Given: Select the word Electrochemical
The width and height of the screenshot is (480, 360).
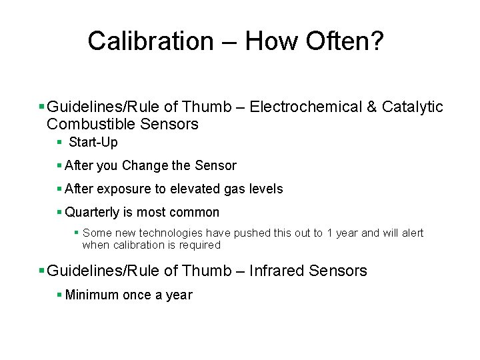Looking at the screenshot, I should pos(305,107).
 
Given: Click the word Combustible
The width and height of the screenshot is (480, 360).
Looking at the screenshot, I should pos(91,125).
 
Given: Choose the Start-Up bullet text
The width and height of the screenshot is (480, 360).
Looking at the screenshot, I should pos(93,142).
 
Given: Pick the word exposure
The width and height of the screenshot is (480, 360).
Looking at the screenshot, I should pos(124,189).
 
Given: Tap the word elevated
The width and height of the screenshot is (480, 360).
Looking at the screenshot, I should pos(196,189).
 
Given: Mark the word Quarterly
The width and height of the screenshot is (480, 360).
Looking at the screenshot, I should pos(92,213).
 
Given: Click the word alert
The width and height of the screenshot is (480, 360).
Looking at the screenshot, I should pos(413,233).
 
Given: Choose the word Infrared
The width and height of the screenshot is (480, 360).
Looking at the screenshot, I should pos(277,271).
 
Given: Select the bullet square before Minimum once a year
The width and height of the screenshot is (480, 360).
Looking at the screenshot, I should pos(59,295).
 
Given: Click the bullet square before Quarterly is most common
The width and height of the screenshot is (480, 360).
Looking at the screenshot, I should pos(59,212).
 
